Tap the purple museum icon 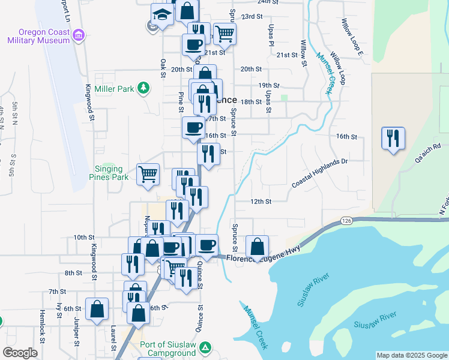pyautogui.click(x=78, y=36)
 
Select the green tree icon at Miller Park pyautogui.click(x=143, y=89)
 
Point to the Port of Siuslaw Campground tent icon pyautogui.click(x=205, y=347)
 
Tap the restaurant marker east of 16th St pyautogui.click(x=393, y=138)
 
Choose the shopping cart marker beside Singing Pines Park pyautogui.click(x=148, y=175)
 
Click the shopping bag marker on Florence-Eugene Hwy pyautogui.click(x=257, y=246)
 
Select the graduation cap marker pyautogui.click(x=162, y=13)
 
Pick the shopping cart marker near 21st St pyautogui.click(x=224, y=34)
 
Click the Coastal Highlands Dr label pyautogui.click(x=320, y=174)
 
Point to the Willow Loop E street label pyautogui.click(x=352, y=37)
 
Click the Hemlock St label pyautogui.click(x=42, y=335)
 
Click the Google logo pyautogui.click(x=20, y=353)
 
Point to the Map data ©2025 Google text pyautogui.click(x=412, y=355)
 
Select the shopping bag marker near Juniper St pyautogui.click(x=97, y=309)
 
